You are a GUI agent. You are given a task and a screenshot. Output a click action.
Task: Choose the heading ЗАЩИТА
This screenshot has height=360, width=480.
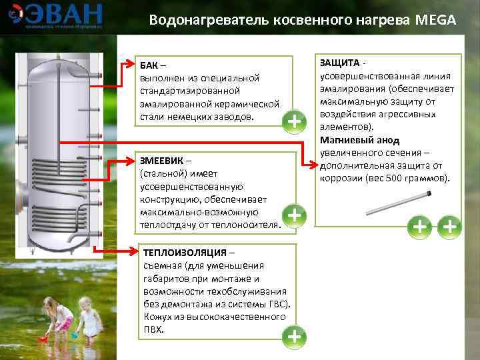[339, 63]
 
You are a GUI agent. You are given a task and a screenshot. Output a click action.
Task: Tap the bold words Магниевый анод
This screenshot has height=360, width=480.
[359, 140]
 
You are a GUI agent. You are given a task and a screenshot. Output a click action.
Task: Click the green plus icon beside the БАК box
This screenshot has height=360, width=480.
[294, 121]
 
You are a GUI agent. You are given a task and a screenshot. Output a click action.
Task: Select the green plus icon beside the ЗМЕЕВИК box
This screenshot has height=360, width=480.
[294, 215]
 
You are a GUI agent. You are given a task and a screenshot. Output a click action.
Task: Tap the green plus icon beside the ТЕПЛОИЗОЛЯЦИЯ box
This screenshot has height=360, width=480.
[294, 337]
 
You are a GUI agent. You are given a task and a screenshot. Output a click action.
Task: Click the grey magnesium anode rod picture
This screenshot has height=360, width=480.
[398, 204]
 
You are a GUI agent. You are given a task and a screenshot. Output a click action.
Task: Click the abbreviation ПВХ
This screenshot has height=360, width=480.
[153, 330]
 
